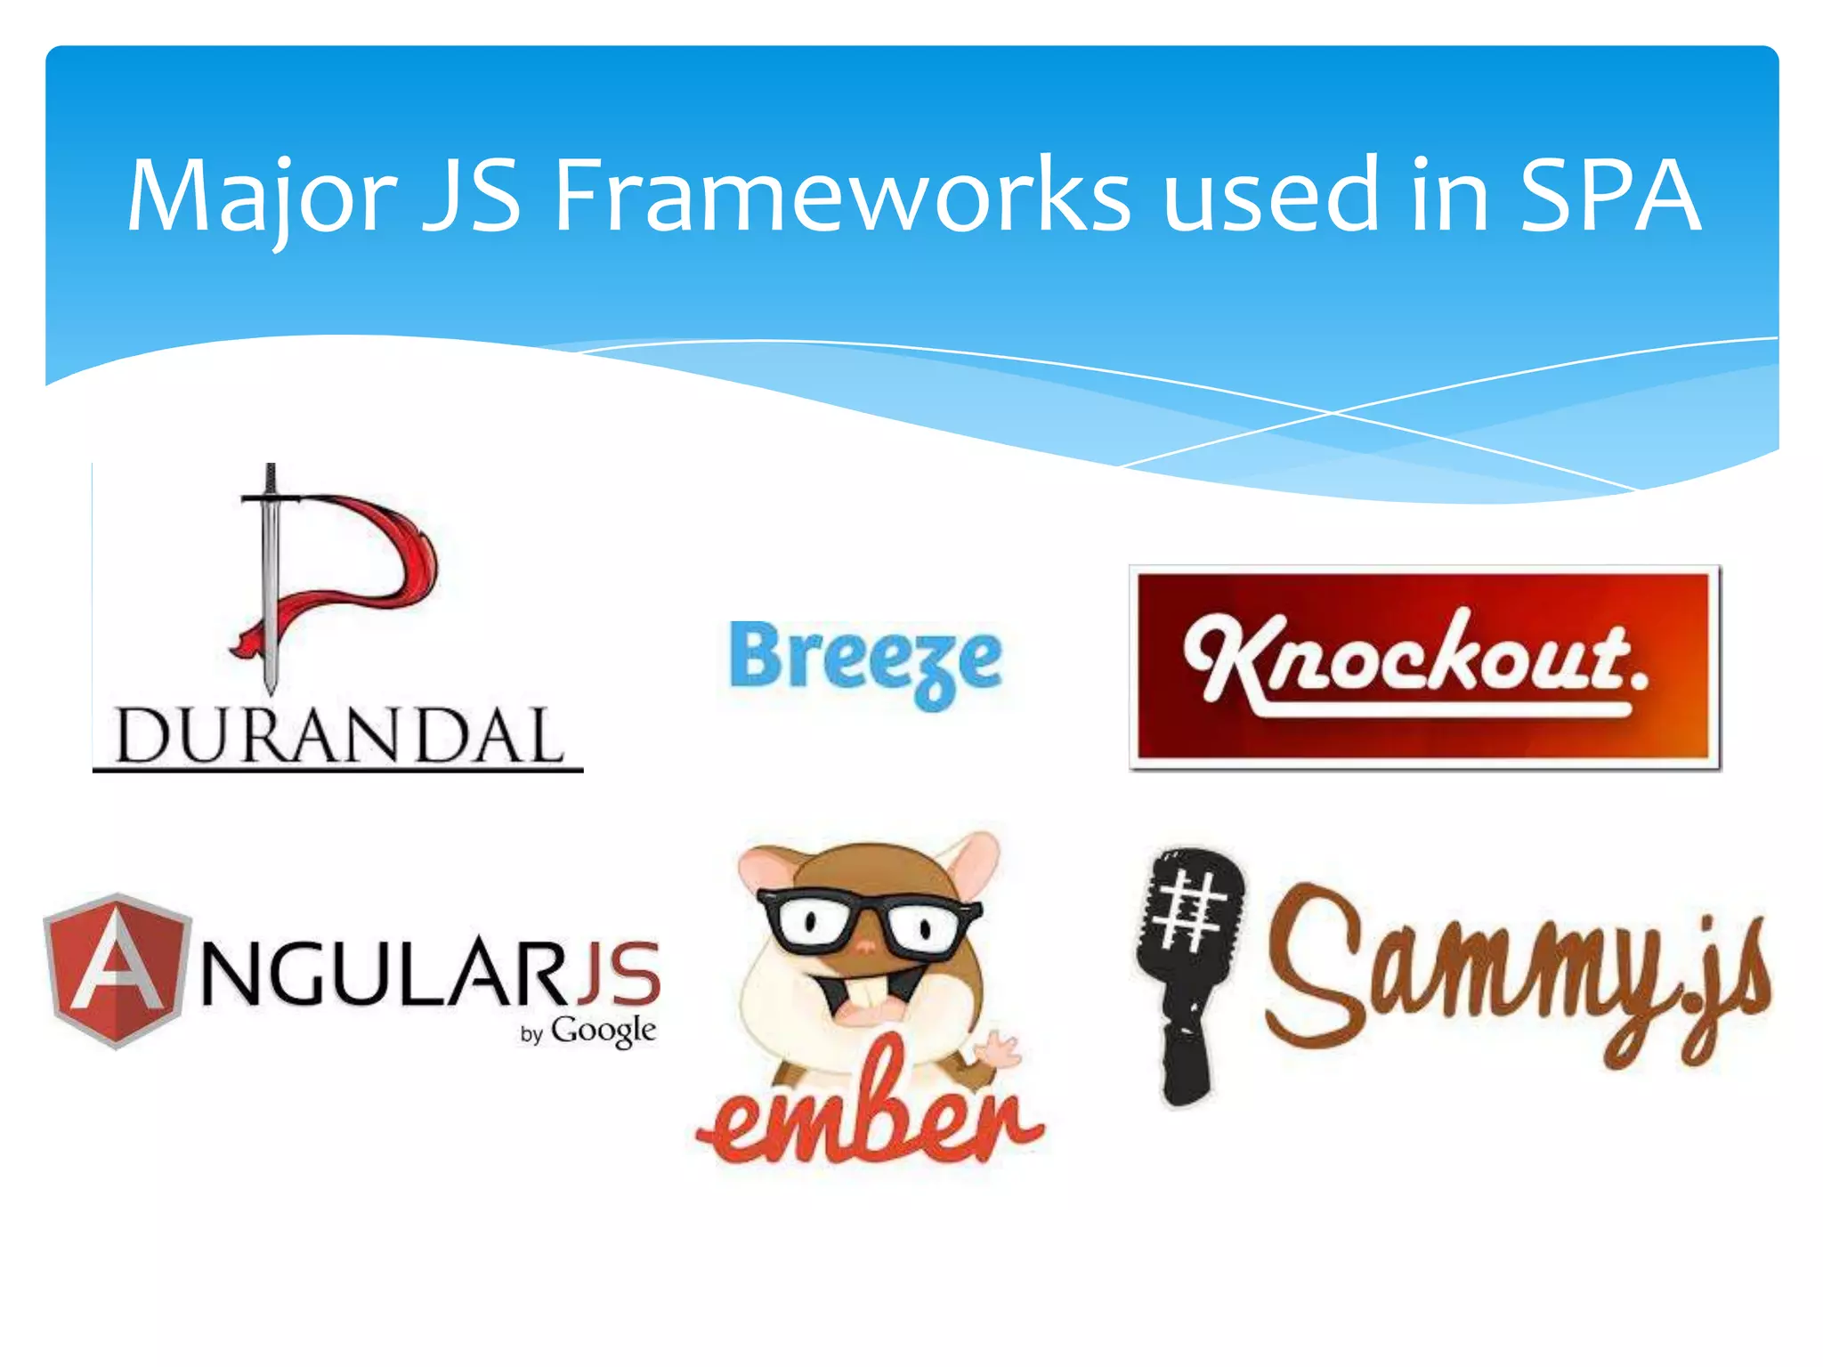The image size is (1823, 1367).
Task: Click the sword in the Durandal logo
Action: (270, 578)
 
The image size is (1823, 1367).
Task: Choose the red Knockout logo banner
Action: (1424, 667)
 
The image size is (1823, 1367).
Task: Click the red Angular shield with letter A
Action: (116, 970)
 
